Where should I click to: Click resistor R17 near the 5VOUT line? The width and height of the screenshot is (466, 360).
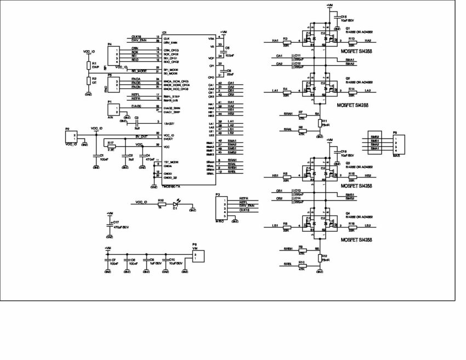111,147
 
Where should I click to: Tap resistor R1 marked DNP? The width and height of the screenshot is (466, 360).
88,66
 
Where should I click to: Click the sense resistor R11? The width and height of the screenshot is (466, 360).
319,123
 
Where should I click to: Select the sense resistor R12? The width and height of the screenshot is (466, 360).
319,258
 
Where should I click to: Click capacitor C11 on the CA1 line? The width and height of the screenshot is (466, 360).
292,56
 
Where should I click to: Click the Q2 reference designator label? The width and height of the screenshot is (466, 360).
348,78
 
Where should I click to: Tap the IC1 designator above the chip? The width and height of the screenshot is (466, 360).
164,33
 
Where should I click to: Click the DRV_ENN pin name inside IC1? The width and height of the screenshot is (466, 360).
171,42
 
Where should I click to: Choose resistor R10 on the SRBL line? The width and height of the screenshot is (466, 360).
301,265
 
